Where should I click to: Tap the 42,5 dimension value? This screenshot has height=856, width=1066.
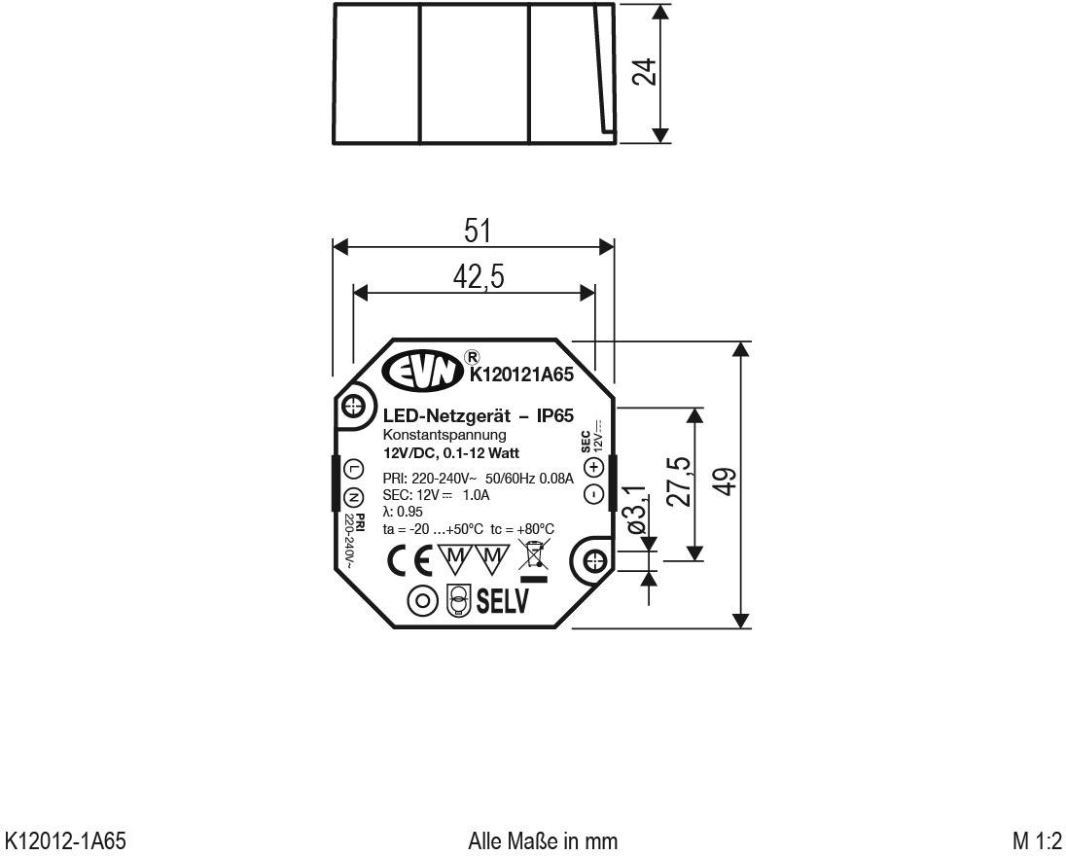coord(479,278)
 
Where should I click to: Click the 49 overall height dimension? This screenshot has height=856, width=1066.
coord(723,481)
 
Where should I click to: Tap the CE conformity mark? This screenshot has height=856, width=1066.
coord(409,559)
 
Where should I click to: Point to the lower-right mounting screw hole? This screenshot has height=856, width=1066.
coord(595,561)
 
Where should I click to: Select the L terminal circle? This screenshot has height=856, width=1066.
coord(355,469)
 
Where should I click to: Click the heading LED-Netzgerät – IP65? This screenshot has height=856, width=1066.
coord(465,415)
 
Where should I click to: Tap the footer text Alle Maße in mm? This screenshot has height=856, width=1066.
coord(543,839)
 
